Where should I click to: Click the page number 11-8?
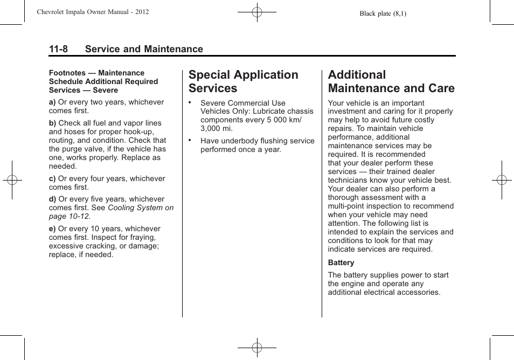[58, 49]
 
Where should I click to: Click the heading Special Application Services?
[243, 81]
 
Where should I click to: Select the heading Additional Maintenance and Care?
[391, 81]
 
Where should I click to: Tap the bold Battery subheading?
[341, 263]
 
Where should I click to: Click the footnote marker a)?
[52, 102]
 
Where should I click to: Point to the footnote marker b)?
[52, 123]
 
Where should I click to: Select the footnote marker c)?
[52, 178]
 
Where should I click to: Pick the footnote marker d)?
[52, 199]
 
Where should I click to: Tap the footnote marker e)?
[52, 229]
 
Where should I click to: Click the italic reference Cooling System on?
[141, 207]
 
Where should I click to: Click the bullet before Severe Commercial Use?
[190, 102]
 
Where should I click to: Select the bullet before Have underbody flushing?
[190, 140]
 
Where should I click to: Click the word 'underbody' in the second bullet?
[240, 141]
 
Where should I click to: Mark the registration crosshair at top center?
[257, 11]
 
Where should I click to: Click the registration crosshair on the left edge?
[11, 180]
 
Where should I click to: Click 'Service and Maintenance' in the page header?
[144, 49]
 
